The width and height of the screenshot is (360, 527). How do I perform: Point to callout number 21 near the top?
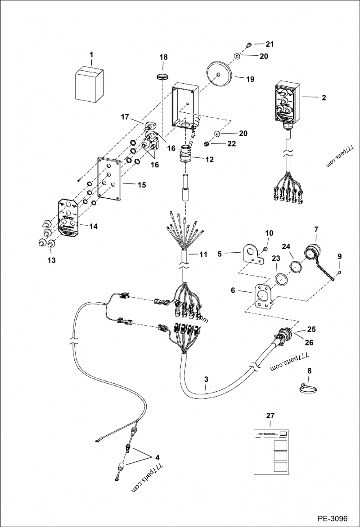pos(269,44)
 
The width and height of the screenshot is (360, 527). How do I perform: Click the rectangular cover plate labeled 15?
pos(110,179)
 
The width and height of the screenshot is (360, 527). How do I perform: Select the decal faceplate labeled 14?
pos(68,217)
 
